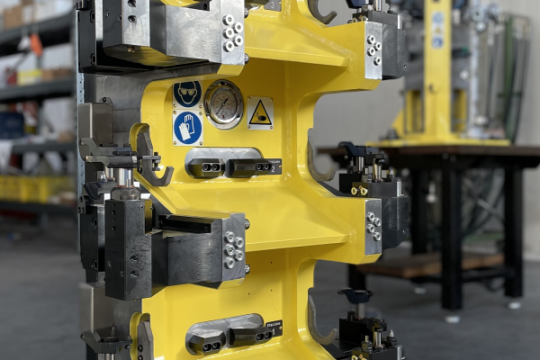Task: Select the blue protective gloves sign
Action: (x=187, y=128)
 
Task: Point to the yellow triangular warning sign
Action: (x=259, y=112)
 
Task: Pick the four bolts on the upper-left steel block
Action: (x=233, y=32)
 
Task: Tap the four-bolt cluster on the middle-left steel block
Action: (x=233, y=249)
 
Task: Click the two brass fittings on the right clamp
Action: (x=359, y=190)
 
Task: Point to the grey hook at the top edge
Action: (x=321, y=12)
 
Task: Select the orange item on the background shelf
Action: (x=36, y=44)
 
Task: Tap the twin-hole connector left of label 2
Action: (x=207, y=166)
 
